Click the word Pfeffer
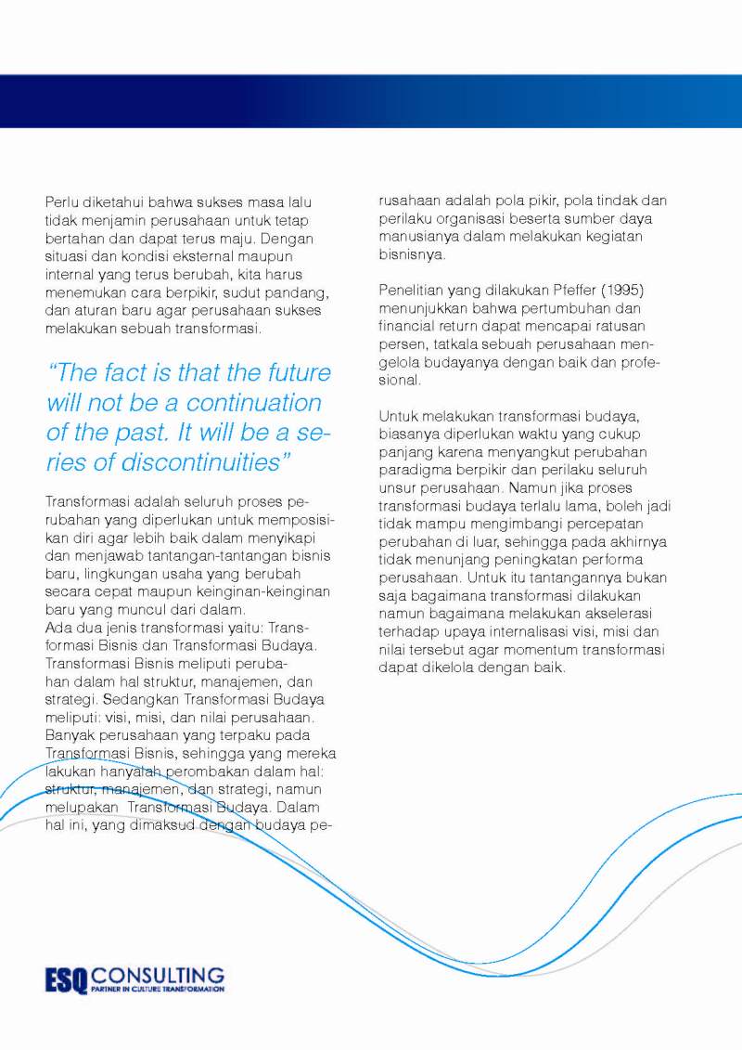[581, 291]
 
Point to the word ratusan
[642, 326]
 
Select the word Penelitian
[413, 291]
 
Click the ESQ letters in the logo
[67, 979]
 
